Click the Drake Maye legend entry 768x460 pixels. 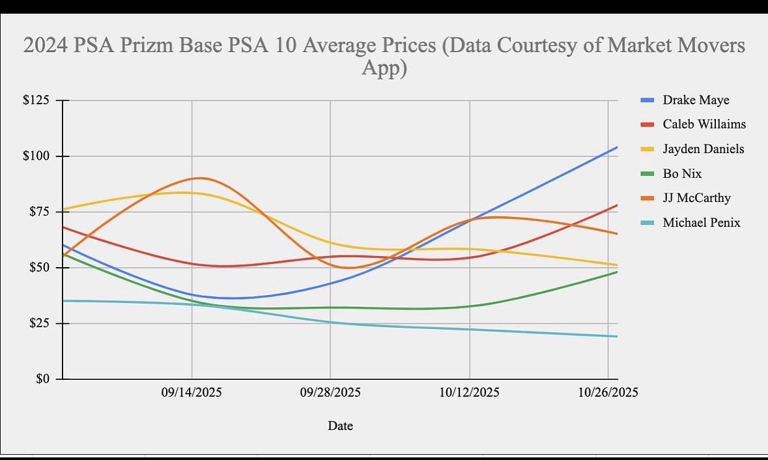(696, 100)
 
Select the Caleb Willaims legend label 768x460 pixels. (704, 124)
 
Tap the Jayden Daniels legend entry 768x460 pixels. (703, 149)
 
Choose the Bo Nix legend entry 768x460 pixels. (682, 174)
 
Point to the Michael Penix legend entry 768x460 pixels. (701, 223)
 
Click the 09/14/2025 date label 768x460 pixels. (192, 393)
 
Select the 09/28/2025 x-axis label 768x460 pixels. (330, 393)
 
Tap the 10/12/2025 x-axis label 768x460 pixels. (470, 393)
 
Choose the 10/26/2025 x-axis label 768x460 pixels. (608, 393)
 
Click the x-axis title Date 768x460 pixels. (340, 426)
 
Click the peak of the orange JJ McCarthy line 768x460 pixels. (199, 178)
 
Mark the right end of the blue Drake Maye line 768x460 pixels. (617, 147)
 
